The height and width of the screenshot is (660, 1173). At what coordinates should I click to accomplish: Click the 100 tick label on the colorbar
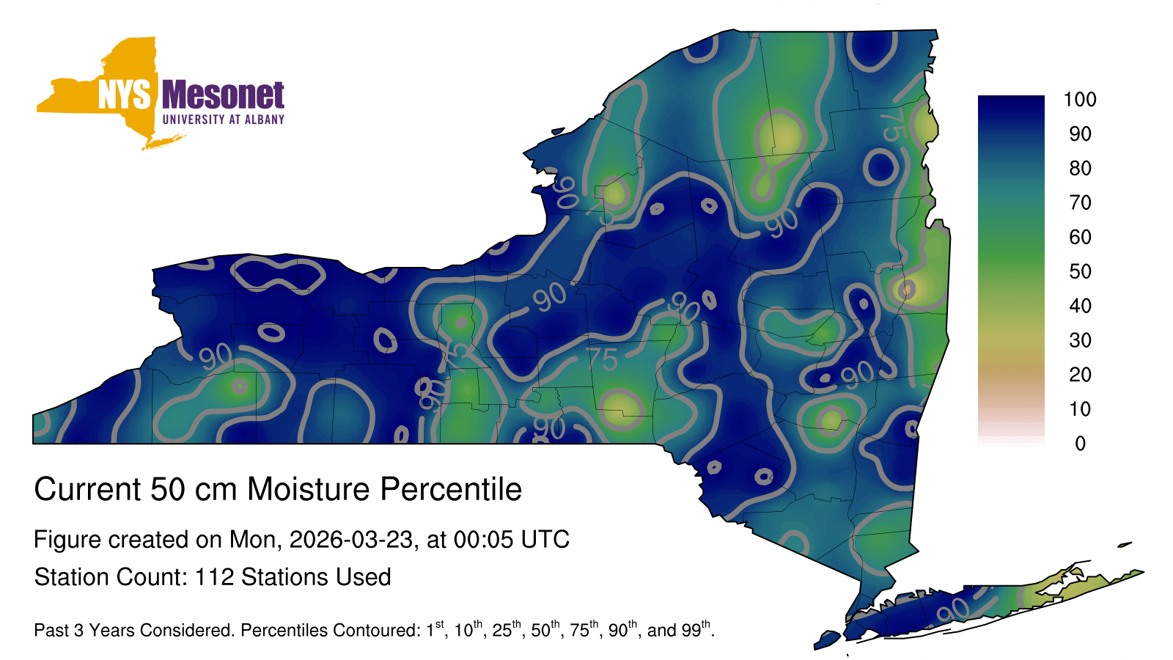click(x=1080, y=100)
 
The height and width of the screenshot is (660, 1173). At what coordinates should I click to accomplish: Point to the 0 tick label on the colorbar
click(x=1080, y=444)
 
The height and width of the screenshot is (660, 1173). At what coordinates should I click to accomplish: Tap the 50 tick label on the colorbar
click(x=1080, y=271)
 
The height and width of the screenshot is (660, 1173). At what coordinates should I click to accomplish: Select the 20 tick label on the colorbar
click(x=1080, y=375)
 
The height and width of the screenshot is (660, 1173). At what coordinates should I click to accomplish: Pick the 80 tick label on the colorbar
click(x=1080, y=168)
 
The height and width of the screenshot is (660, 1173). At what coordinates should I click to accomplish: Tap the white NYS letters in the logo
click(x=124, y=95)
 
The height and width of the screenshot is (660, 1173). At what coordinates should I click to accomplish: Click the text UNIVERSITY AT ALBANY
click(x=224, y=120)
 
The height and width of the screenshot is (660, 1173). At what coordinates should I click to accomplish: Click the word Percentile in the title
click(x=451, y=489)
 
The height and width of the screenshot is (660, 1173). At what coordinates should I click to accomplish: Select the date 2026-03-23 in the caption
click(x=351, y=540)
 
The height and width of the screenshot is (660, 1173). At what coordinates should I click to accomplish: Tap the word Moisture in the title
click(x=309, y=489)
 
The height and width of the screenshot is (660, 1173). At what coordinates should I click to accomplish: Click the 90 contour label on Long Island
click(x=953, y=609)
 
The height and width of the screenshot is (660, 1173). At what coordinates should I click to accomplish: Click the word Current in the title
click(x=87, y=489)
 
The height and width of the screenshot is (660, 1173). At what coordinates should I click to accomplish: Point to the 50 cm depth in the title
click(x=194, y=489)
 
